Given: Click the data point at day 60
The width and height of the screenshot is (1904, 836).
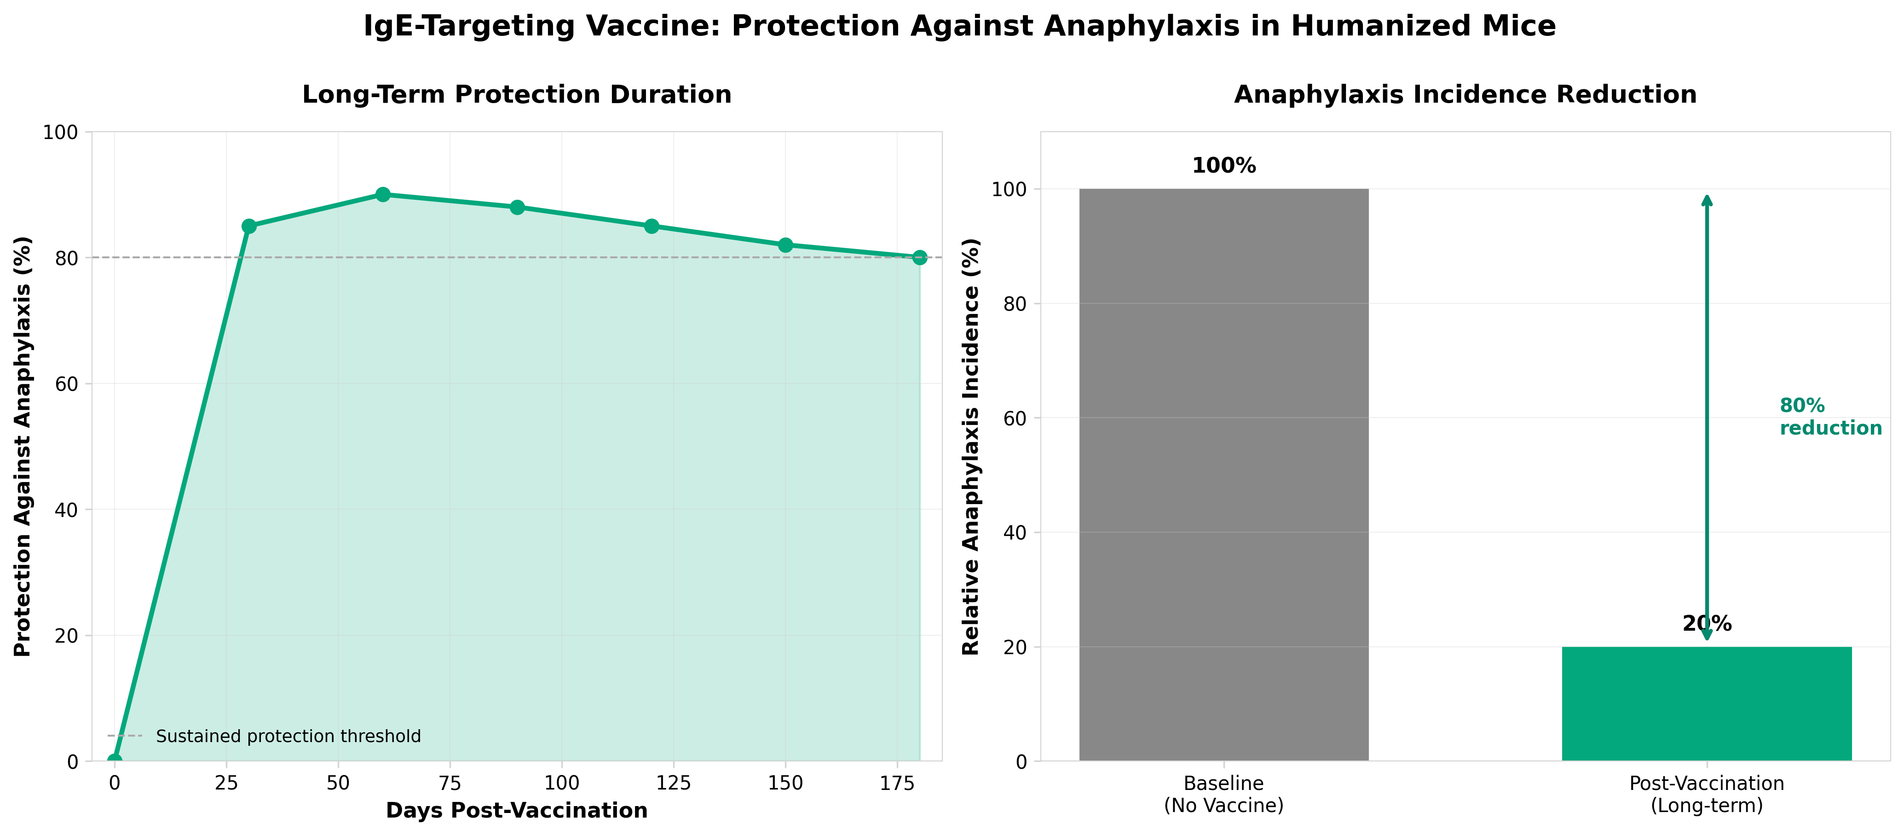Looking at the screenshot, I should tap(383, 194).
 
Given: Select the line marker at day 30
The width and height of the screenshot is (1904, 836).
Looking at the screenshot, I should tap(249, 226).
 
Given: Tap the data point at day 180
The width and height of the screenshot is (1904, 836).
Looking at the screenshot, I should tap(919, 257).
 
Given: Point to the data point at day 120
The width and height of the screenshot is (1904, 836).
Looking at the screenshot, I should tap(651, 226).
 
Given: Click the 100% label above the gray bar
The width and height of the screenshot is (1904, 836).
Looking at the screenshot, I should tap(1223, 166).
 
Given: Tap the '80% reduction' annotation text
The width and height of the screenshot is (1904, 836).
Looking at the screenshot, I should tap(1829, 417).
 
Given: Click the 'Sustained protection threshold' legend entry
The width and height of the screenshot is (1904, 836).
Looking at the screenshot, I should tap(288, 736).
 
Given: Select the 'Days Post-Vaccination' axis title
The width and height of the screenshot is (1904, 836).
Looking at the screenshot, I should tap(517, 811).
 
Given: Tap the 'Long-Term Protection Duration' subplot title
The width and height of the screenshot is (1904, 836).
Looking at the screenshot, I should tap(517, 95).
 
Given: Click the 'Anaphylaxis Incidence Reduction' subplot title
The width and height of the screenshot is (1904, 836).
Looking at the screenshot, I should tap(1465, 95).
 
